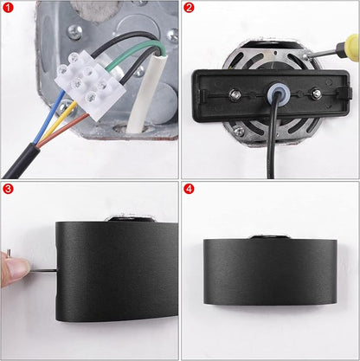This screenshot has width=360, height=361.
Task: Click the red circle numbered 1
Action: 8,8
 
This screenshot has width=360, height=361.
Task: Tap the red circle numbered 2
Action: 189,8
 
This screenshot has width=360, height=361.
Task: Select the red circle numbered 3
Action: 8,189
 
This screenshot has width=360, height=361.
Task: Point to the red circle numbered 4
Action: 189,189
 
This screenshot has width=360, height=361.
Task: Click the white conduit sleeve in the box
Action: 146,95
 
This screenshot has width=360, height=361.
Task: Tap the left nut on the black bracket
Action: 235,94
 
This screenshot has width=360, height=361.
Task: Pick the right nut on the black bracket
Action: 316,93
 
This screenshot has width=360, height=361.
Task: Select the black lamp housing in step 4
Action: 270,271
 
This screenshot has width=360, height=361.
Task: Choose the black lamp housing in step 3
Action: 117,271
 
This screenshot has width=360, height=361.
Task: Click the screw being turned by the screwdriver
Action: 307,56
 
